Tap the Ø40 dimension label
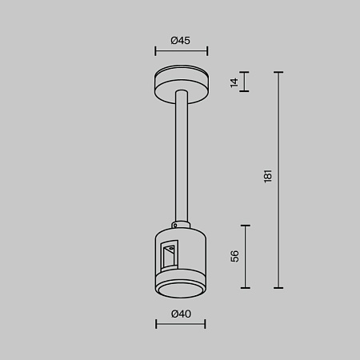[180, 314]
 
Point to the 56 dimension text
[234, 256]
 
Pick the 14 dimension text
[234, 82]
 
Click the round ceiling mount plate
[181, 83]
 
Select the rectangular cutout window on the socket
[169, 256]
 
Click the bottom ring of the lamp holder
[181, 288]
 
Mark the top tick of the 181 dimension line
[278, 72]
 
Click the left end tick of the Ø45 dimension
[155, 51]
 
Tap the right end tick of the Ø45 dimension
[207, 51]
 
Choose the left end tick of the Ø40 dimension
[155, 324]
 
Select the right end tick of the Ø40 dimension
[206, 324]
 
